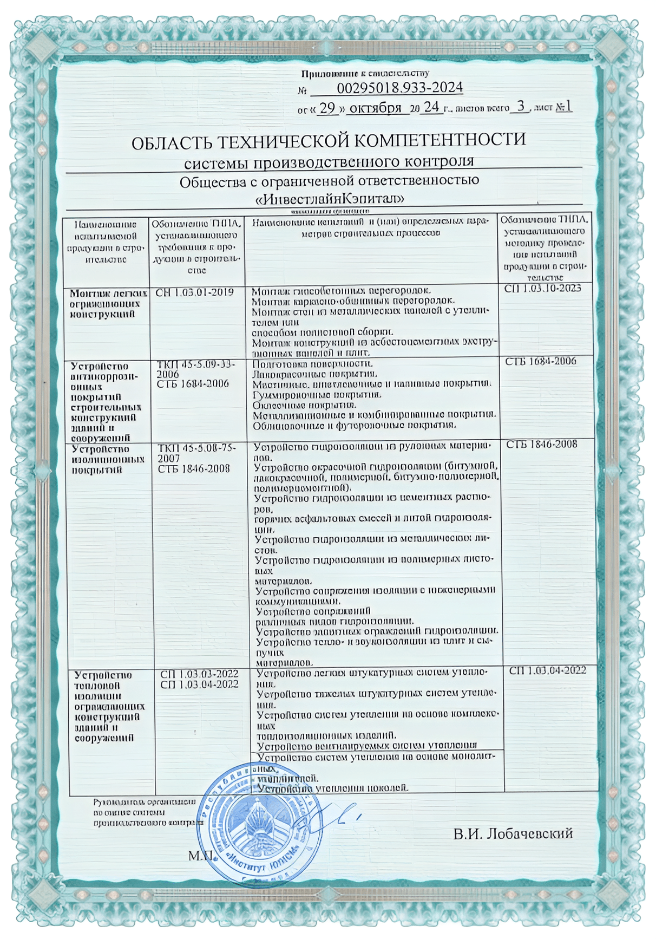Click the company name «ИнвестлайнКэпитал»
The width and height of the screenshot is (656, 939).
[x=329, y=199]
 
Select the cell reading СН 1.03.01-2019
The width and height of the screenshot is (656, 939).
[x=194, y=292]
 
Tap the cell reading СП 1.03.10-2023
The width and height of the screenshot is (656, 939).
[x=542, y=289]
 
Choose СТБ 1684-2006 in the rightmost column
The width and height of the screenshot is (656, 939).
[x=541, y=361]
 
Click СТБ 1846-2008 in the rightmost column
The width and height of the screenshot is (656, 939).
[x=542, y=445]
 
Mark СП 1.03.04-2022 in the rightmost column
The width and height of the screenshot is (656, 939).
[x=548, y=671]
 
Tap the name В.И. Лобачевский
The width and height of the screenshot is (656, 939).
[x=513, y=833]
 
